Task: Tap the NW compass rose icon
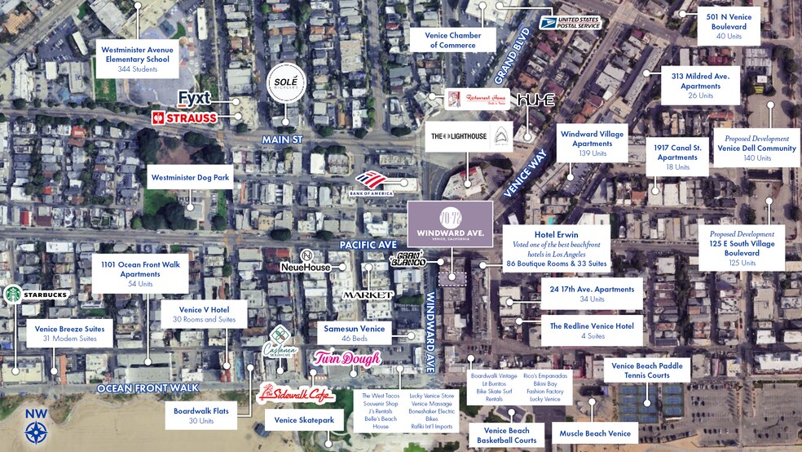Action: pos(37,428)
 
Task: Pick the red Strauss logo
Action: pos(185,117)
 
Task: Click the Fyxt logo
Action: pos(194,99)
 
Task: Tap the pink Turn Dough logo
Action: pos(346,358)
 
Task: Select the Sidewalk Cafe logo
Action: pos(296,395)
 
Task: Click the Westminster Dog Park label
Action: pos(191,176)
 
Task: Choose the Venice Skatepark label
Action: pos(300,420)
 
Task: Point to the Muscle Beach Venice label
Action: pos(596,433)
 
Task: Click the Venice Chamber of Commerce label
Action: pos(453,40)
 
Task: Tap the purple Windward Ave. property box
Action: pos(450,224)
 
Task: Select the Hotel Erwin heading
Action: pos(557,235)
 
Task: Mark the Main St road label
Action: pos(282,140)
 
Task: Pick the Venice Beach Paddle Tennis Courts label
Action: pos(648,370)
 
